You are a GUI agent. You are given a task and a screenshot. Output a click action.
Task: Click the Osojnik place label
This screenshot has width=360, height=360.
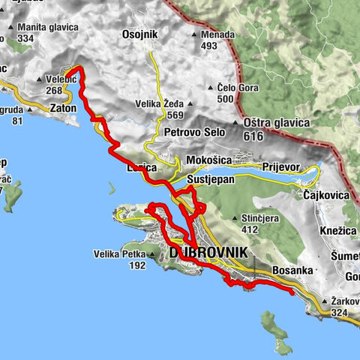[140, 34]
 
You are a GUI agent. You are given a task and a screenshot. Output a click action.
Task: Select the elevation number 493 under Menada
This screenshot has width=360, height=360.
[208, 46]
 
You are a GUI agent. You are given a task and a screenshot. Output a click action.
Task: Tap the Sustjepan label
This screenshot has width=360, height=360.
[211, 181]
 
